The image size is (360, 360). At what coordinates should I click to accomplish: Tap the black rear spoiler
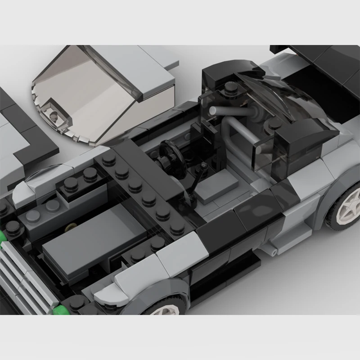coord(315,56)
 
